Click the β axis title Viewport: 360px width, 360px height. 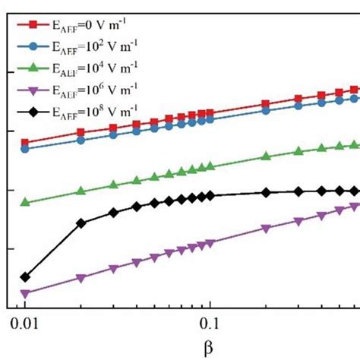[209, 347]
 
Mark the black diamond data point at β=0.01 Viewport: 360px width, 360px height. [25, 277]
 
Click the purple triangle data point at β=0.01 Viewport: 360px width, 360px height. [25, 293]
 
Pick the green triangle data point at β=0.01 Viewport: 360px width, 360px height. [25, 202]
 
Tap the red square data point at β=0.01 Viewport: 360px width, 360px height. [25, 142]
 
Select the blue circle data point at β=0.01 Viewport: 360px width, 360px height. [25, 149]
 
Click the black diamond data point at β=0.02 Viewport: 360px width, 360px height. [81, 223]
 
